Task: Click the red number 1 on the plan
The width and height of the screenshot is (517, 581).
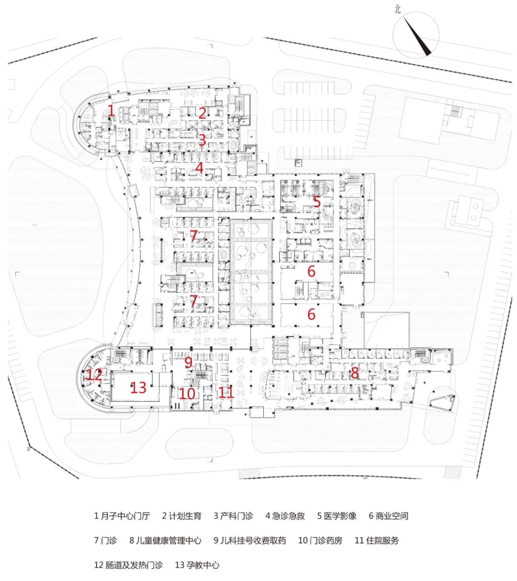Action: click(111, 110)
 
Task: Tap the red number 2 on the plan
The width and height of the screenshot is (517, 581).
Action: click(202, 113)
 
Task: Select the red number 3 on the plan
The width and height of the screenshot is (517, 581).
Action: click(202, 140)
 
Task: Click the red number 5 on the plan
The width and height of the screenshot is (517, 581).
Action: click(317, 202)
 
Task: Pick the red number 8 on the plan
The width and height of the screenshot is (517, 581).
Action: click(354, 372)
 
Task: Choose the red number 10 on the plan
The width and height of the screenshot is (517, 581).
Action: click(187, 394)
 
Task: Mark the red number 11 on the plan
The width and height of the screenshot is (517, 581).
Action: click(225, 393)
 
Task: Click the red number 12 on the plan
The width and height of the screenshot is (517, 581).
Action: click(95, 374)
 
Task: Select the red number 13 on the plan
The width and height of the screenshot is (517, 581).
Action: click(138, 387)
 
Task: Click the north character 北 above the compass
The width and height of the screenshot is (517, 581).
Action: click(397, 9)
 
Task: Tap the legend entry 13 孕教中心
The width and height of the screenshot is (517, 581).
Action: click(197, 565)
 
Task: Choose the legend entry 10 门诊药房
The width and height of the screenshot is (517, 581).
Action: click(320, 541)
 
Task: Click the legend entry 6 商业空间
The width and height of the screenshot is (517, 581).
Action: click(388, 516)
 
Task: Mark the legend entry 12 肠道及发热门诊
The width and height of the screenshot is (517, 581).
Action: click(128, 565)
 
